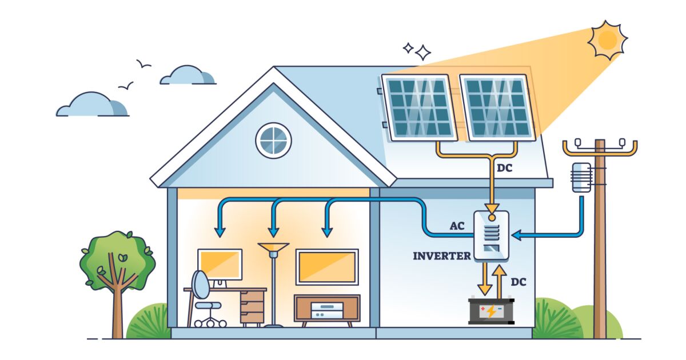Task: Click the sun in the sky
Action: [607, 39]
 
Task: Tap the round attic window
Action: [273, 140]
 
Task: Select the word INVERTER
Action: [442, 255]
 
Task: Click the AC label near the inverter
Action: [457, 226]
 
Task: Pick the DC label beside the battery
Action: [518, 282]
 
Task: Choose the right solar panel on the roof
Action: [496, 107]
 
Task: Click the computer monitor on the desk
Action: [220, 264]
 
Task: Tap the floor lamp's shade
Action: [273, 247]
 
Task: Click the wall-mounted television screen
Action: [327, 266]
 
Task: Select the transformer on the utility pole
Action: [581, 177]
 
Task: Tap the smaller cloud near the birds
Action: [187, 75]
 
